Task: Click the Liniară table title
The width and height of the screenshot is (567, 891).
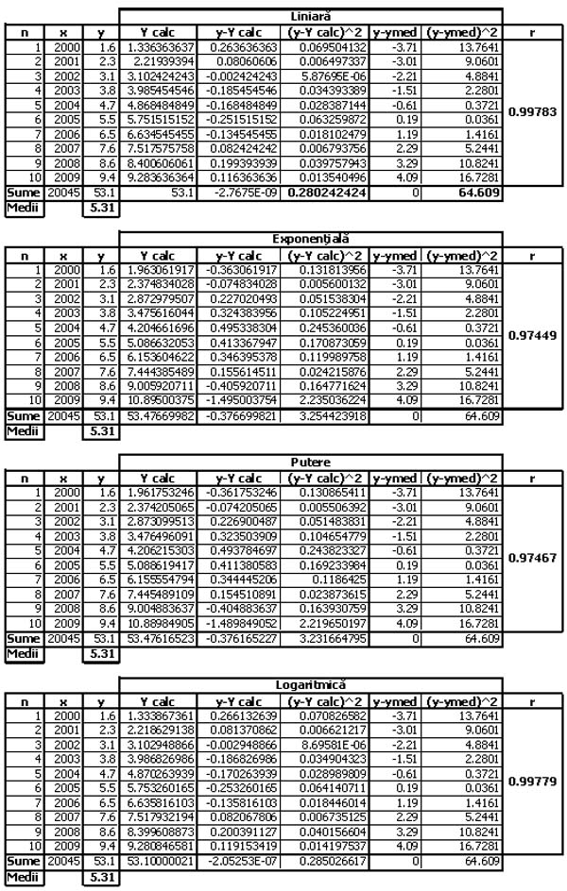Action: click(x=310, y=16)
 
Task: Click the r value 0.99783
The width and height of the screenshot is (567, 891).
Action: click(x=533, y=112)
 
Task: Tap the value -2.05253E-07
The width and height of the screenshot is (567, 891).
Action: click(x=242, y=862)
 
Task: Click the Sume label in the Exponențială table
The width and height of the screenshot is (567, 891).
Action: click(x=18, y=416)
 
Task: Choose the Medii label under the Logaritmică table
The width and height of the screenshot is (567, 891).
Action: click(x=18, y=877)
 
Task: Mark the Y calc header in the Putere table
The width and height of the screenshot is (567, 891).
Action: click(x=159, y=477)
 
